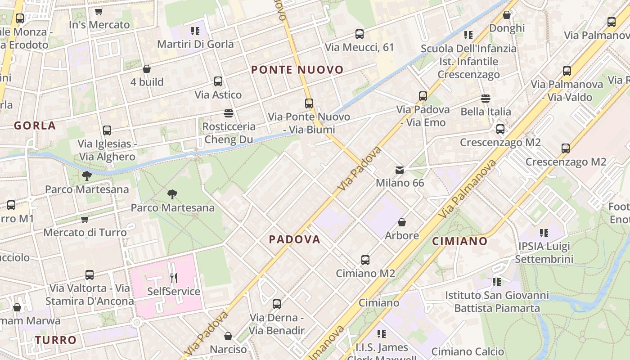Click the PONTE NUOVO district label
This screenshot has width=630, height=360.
point(297,70)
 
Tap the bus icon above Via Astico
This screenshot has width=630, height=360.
point(218,81)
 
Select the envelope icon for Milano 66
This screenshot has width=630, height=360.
point(400,170)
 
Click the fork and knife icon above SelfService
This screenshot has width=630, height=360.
point(174,278)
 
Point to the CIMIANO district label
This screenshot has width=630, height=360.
point(460,241)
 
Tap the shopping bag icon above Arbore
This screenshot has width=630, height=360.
point(402,222)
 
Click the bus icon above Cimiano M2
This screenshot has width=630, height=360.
point(365,260)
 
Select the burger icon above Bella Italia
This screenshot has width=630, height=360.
point(485,98)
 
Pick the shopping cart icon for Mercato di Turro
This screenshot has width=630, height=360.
point(85,220)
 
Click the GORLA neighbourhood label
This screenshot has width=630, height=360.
point(35,126)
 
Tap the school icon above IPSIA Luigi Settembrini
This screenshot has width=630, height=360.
point(544,233)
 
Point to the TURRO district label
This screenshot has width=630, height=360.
point(56,340)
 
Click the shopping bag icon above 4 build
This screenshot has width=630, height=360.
point(147,69)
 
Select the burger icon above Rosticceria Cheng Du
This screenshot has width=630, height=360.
point(229,113)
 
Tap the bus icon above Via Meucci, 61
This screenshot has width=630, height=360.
point(359,34)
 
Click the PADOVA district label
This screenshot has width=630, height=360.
point(295,239)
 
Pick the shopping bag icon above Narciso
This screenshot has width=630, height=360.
point(228,336)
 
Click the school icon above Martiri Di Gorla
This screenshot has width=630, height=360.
point(195,31)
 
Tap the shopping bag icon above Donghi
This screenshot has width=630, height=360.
point(507,15)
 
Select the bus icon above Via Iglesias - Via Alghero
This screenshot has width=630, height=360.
point(107,130)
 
